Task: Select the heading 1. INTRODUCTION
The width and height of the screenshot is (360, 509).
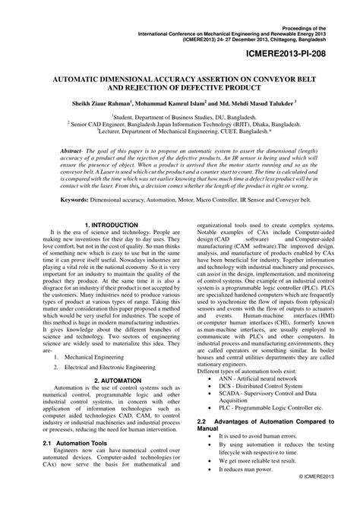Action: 111,226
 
